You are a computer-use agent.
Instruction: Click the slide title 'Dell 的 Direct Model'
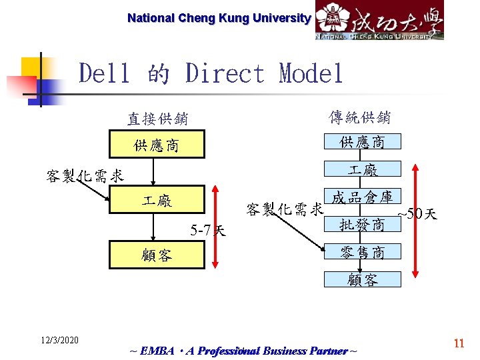pos(211,73)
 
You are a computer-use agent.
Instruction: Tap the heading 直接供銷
pos(157,119)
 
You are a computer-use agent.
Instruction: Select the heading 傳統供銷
pos(360,117)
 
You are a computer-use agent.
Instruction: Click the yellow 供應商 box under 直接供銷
pos(156,145)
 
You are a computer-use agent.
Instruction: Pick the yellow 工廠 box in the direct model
pos(156,201)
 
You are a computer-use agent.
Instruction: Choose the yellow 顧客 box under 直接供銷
pos(156,255)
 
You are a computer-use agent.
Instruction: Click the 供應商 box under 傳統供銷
pos(362,141)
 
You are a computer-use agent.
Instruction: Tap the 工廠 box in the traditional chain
pos(362,169)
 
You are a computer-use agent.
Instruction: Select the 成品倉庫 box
pos(362,197)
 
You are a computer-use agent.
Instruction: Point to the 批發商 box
pos(362,224)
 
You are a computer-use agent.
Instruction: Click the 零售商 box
pos(362,252)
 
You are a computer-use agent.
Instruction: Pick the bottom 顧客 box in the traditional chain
pos(362,279)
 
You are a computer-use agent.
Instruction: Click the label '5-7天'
pos(207,231)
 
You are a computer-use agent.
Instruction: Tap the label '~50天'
pos(417,214)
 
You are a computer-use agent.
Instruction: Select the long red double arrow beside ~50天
pos(415,220)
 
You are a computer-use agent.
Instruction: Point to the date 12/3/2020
pos(59,340)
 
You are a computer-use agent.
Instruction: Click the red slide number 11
pos(459,343)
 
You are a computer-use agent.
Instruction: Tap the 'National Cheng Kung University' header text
pos(219,18)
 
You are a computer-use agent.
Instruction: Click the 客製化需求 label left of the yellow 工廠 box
pos(85,176)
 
